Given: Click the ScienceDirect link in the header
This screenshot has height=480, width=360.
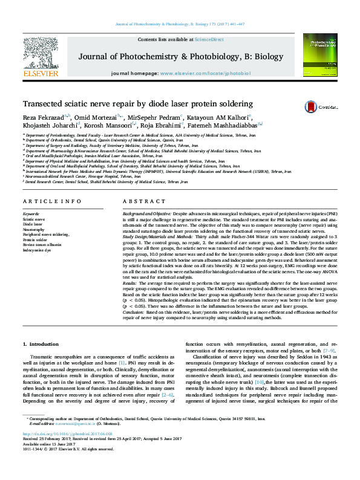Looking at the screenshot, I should pos(209,39).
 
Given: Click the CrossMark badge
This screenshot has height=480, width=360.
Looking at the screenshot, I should pos(327,106).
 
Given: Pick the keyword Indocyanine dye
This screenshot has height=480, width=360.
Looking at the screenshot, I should pos(38,249).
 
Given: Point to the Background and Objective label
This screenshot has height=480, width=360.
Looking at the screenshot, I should pos(147,214).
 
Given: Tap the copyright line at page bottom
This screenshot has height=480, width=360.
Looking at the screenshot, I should pos(59,449).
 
